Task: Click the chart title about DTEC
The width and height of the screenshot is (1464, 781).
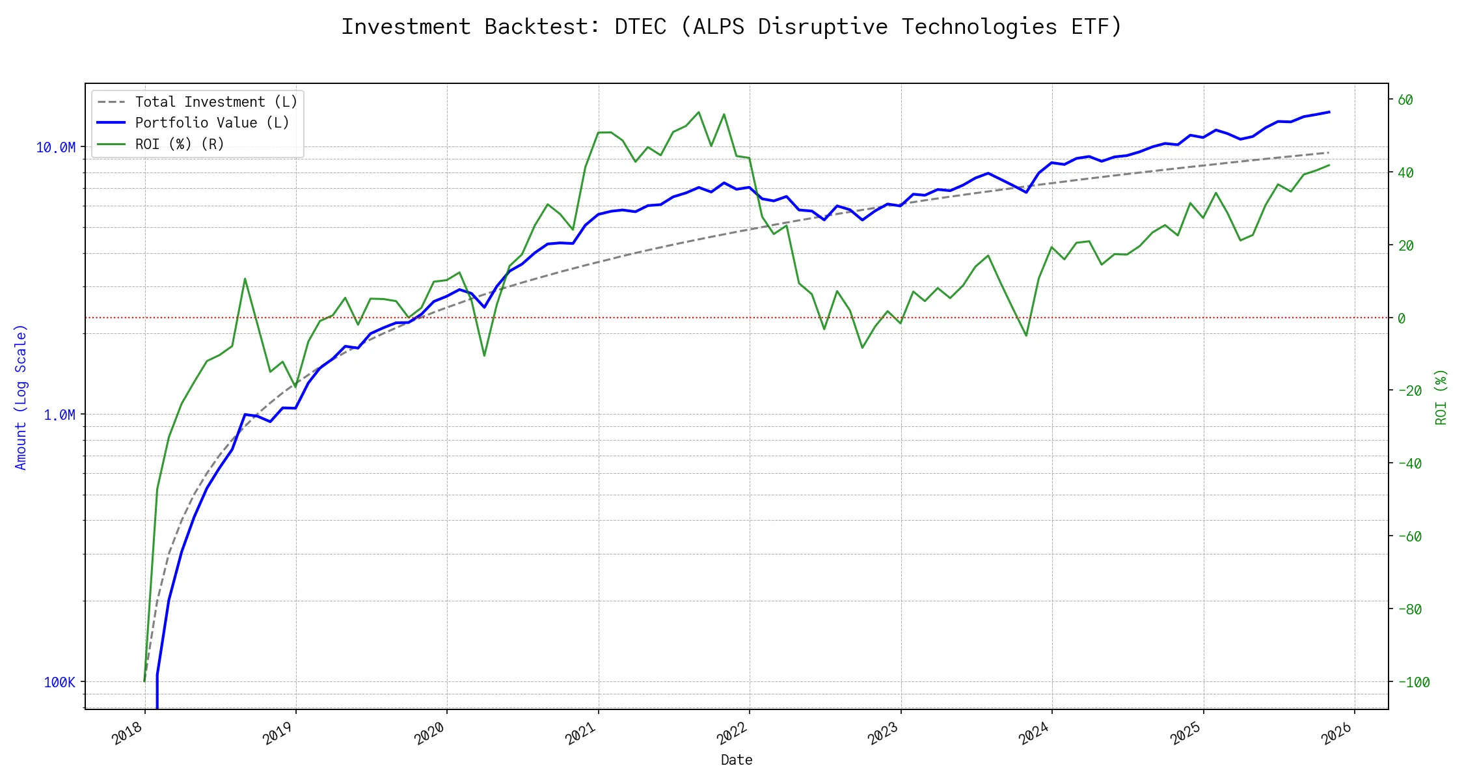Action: pos(731,27)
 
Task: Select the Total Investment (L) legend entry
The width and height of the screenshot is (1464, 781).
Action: pos(215,102)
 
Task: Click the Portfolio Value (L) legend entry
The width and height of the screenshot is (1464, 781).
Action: pos(211,123)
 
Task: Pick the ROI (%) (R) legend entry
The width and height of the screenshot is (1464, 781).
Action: pos(180,144)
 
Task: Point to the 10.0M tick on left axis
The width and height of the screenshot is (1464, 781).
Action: pos(55,148)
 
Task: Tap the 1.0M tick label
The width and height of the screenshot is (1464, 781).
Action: pos(59,415)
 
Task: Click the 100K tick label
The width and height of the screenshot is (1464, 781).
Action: pos(59,683)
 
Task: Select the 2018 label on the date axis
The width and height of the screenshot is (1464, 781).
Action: pos(128,734)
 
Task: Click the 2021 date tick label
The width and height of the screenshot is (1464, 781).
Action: pos(581,734)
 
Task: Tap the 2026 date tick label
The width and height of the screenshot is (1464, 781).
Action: pos(1337,734)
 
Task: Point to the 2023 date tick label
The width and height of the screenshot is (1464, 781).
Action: pos(884,734)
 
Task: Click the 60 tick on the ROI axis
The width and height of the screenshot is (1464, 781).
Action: pos(1405,100)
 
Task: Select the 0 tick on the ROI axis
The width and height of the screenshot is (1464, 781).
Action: pos(1402,318)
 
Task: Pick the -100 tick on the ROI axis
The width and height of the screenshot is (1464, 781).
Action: pos(1413,683)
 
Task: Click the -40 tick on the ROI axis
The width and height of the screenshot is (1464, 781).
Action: pos(1409,464)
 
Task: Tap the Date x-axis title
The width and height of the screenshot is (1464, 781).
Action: pos(737,760)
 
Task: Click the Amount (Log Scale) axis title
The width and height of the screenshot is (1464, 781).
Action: pos(21,397)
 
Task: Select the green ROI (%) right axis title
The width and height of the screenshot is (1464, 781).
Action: pos(1441,397)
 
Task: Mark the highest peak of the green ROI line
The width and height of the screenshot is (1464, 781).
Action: pos(699,112)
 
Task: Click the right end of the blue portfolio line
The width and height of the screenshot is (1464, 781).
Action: pos(1329,112)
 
